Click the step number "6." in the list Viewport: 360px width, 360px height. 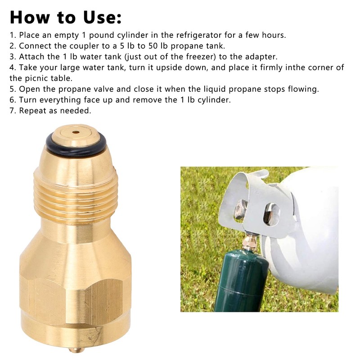pyautogui.click(x=13, y=99)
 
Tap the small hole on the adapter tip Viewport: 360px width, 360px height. pyautogui.click(x=76, y=132)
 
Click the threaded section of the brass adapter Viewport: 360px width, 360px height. pyautogui.click(x=76, y=193)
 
